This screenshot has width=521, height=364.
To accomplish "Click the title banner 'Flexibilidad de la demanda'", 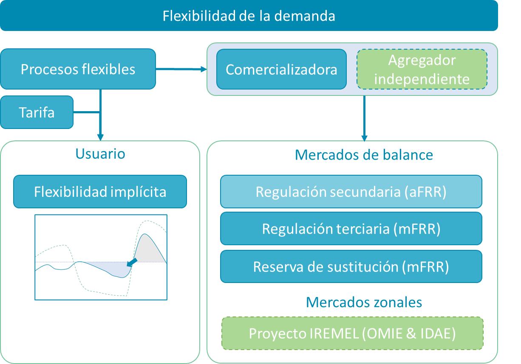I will (x=249, y=16).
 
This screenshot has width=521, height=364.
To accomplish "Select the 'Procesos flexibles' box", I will (x=78, y=69).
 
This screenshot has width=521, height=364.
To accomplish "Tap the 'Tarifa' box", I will (x=37, y=112).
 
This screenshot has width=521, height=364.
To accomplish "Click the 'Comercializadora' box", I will (x=281, y=69).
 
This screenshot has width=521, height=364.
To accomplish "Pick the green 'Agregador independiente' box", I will (x=422, y=70).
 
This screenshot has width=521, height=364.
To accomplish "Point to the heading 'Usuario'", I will (x=100, y=154).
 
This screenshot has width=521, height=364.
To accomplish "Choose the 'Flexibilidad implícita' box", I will (x=100, y=192).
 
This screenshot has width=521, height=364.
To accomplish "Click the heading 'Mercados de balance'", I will (x=364, y=155).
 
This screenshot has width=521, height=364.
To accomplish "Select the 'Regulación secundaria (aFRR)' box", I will (x=351, y=192).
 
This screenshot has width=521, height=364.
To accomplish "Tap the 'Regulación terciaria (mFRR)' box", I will (x=351, y=229).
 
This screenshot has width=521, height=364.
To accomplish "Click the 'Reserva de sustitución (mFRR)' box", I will (x=351, y=266).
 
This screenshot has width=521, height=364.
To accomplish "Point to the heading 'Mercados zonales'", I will (x=364, y=302).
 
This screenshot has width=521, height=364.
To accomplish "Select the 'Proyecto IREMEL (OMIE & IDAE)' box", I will (x=352, y=333).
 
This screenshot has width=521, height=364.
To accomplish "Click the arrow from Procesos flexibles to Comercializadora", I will (x=181, y=69).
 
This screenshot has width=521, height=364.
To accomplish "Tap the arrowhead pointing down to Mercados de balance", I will (x=364, y=137).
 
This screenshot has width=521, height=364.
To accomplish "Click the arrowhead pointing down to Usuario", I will (x=100, y=137).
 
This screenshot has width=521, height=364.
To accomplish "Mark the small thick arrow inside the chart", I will (x=133, y=263).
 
